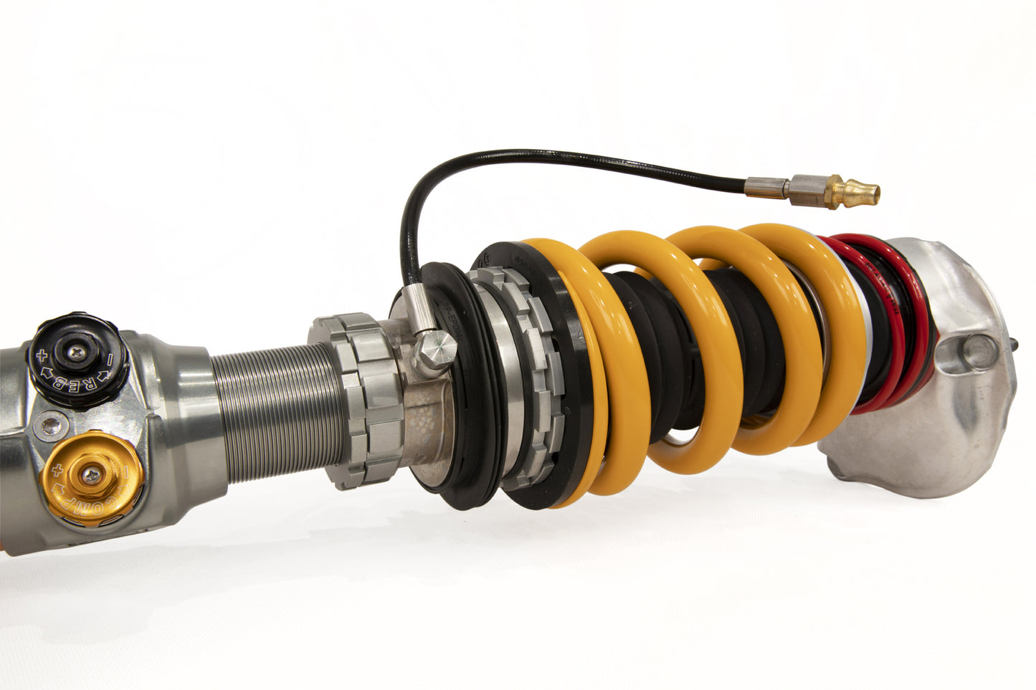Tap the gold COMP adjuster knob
[92, 476]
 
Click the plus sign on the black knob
[42, 355]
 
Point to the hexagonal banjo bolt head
[436, 350]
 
